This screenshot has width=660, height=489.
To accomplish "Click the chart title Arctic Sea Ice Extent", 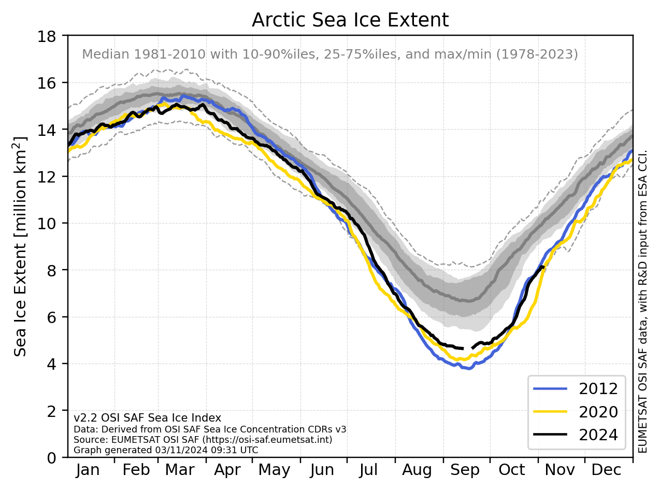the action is click(350, 20).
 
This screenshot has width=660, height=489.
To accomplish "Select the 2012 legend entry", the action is click(575, 388).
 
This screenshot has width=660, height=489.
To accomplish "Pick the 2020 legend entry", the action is click(575, 412).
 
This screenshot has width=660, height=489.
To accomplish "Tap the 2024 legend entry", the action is click(575, 435).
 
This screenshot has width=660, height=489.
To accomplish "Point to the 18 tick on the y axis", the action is click(47, 37).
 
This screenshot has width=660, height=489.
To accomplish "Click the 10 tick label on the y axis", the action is click(47, 223).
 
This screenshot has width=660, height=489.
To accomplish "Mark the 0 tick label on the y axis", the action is click(51, 458).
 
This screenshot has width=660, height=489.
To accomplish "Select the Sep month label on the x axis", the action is click(465, 470).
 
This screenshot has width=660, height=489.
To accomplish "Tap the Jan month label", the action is click(88, 470).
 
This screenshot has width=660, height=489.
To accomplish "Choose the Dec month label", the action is click(606, 470).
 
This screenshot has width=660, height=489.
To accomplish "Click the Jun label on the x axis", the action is click(322, 470).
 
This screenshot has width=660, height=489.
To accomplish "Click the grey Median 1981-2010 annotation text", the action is click(329, 54).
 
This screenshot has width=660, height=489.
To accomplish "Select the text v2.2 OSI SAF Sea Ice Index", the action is click(147, 418).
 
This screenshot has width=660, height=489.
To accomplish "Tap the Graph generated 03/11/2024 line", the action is click(166, 450).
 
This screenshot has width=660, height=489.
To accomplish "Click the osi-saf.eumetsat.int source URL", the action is click(267, 440).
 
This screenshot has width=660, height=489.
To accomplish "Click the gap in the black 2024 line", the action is click(467, 348).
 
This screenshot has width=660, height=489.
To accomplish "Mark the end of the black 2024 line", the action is click(544, 267).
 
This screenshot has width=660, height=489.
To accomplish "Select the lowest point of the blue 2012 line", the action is click(469, 369).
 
